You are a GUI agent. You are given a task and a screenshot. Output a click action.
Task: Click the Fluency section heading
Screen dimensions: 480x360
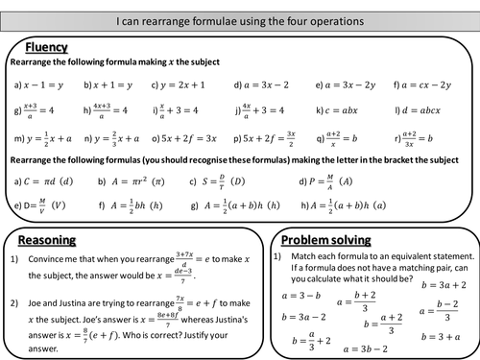(47, 45)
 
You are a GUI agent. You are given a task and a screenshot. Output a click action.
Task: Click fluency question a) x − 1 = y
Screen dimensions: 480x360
(39, 84)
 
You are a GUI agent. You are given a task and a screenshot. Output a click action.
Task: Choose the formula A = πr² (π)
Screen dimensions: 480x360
(128, 180)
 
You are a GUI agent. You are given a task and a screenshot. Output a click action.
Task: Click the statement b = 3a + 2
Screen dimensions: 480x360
(441, 286)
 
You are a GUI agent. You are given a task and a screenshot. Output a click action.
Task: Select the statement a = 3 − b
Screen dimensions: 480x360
(300, 296)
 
